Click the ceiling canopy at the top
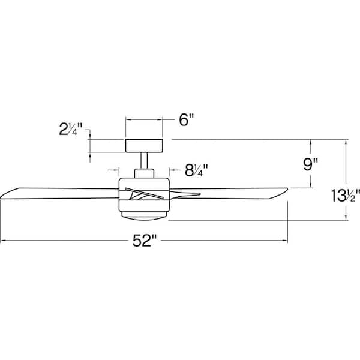pos(144,145)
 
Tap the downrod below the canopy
pos(144,160)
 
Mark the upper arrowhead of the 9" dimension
pos(311,142)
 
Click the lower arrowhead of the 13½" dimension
pos(346,218)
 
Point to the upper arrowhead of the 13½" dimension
pos(346,142)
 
